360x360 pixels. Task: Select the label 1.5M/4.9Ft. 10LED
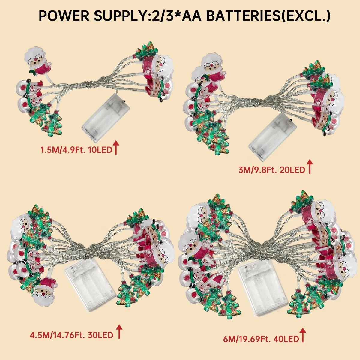[x=76, y=149]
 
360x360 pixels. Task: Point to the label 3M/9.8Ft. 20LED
[x=272, y=170]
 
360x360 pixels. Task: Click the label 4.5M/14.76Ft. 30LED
[x=71, y=335]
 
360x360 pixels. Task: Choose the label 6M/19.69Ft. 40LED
[x=261, y=339]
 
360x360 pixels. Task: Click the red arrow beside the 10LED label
[x=116, y=148]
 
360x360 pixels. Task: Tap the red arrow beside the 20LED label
[x=310, y=167]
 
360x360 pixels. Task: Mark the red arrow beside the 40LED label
[x=303, y=335]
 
